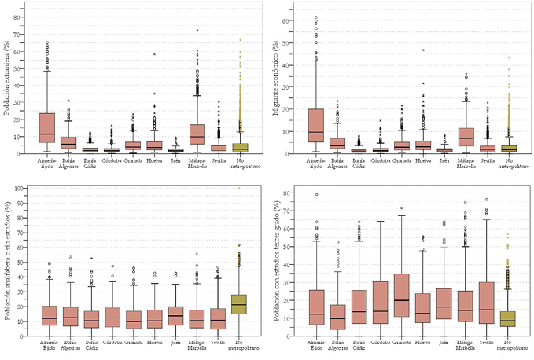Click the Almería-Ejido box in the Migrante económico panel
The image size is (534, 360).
click(315, 126)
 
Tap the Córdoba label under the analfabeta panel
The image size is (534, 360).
click(111, 343)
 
